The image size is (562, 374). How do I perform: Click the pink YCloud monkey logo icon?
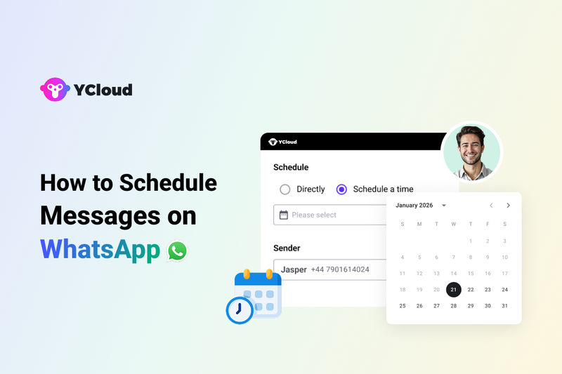[x=54, y=90]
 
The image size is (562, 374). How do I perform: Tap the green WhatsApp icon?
[x=178, y=251]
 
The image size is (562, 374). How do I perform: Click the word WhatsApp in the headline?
[x=100, y=250]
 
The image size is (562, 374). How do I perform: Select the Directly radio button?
[x=285, y=189]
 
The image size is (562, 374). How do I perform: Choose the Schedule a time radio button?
[x=342, y=189]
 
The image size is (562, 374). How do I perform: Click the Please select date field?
[x=330, y=215]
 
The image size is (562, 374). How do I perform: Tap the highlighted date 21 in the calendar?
[x=454, y=289]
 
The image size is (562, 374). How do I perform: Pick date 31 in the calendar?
[x=504, y=306]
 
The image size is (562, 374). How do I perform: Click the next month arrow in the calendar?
[x=508, y=206]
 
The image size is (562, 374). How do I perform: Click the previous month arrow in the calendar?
[x=491, y=206]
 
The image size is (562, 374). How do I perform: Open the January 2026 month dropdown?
[x=443, y=206]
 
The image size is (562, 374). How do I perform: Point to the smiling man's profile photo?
[x=471, y=152]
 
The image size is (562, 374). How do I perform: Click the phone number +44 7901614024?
[x=339, y=269]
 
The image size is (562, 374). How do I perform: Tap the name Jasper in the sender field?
[x=294, y=269]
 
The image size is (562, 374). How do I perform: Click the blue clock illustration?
[x=240, y=309]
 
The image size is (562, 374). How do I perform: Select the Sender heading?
[x=287, y=248]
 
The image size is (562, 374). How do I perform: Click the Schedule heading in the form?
[x=291, y=168]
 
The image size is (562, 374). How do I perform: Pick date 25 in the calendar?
[x=403, y=306]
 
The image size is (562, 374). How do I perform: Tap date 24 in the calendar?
[x=504, y=289]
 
